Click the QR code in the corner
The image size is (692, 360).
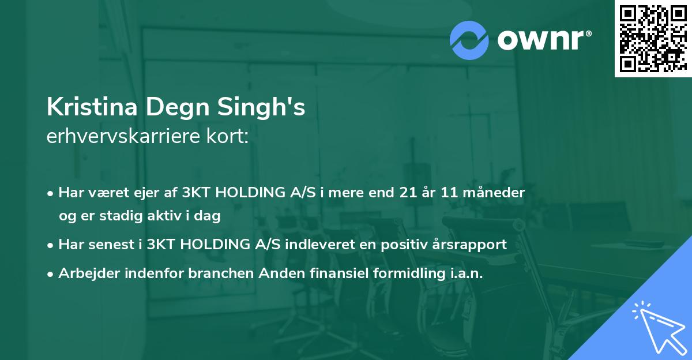click(x=653, y=38)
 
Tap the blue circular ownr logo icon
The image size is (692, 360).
click(x=469, y=39)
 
